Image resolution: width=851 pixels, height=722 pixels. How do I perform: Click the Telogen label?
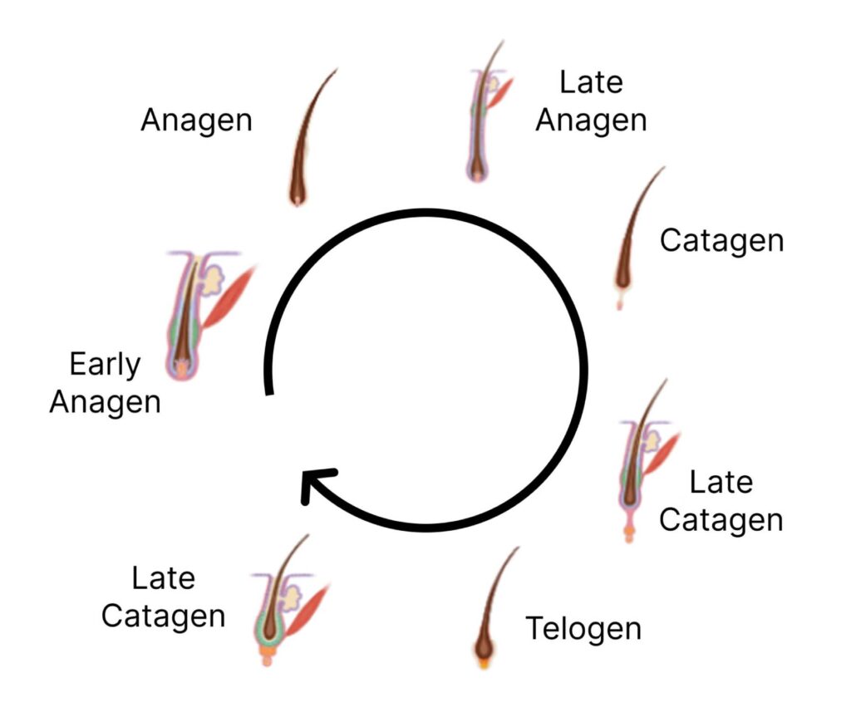pyautogui.click(x=583, y=629)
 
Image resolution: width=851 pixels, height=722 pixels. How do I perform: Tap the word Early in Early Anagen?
pyautogui.click(x=105, y=365)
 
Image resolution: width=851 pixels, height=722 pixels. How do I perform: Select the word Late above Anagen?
pyautogui.click(x=591, y=82)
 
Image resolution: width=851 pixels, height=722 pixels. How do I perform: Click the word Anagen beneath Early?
pyautogui.click(x=105, y=402)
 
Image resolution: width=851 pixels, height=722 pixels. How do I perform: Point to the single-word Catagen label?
pyautogui.click(x=721, y=241)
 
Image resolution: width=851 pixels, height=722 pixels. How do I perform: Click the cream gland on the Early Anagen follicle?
pyautogui.click(x=214, y=279)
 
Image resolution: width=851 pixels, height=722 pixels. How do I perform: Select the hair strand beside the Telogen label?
pyautogui.click(x=495, y=598)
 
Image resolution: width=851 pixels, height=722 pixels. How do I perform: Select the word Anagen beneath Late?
pyautogui.click(x=591, y=120)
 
